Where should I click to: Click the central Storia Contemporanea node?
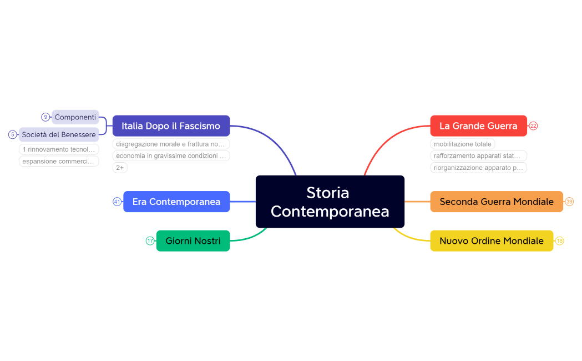330,202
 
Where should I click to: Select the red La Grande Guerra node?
478,126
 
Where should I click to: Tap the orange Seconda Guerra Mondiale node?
496,202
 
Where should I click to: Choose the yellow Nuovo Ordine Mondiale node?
491,241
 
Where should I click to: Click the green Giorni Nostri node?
193,241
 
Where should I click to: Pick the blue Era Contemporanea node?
176,202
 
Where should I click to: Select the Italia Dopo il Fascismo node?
171,126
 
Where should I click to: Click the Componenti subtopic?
75,117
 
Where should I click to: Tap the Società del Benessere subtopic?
59,134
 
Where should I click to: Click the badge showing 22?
533,126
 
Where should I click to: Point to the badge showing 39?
569,202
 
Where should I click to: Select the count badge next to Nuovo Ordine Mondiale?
559,241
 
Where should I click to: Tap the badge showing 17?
150,241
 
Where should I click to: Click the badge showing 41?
117,202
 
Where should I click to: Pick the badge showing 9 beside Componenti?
45,117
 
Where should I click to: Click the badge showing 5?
12,134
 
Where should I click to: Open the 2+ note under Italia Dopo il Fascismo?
120,168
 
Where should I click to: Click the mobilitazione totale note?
462,144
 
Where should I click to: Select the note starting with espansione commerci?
59,162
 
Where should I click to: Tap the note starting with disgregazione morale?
170,144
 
